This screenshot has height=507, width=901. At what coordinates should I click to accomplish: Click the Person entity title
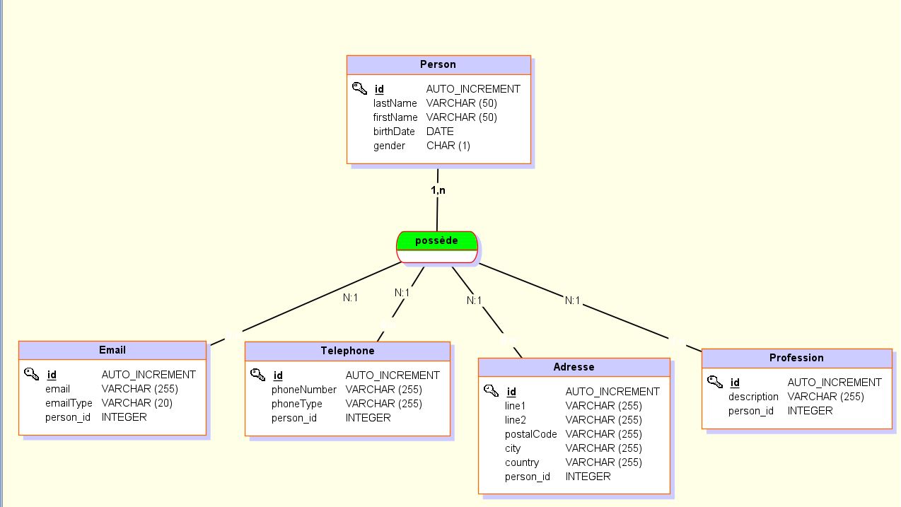(438, 64)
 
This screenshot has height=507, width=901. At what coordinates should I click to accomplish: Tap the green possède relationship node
(436, 241)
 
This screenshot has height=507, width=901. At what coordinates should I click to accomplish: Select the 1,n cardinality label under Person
(438, 190)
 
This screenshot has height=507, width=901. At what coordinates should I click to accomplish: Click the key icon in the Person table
(359, 88)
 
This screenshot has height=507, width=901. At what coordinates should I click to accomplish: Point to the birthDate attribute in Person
(394, 132)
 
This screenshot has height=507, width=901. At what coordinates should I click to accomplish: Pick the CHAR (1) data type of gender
(448, 146)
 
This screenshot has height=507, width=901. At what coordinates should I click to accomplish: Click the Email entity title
(112, 350)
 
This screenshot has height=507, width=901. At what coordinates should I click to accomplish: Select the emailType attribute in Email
(69, 403)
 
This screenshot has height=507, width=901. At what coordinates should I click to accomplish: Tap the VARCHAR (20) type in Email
(136, 403)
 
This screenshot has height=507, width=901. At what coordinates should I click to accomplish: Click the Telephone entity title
(347, 351)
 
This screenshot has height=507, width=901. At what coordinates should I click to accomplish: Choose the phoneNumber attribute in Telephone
(304, 390)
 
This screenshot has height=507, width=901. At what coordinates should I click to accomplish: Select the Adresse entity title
(574, 367)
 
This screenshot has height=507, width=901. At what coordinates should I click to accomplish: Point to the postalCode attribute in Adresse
(530, 434)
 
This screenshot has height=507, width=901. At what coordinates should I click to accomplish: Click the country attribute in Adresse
(522, 462)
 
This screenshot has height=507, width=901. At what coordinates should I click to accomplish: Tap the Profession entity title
(796, 358)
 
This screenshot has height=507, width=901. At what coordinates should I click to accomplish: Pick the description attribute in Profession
(753, 397)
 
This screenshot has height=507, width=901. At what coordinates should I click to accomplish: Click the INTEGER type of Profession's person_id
(810, 411)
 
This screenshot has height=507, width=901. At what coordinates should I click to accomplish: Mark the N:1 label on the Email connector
(350, 298)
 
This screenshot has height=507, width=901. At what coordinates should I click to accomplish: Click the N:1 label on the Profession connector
(572, 301)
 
